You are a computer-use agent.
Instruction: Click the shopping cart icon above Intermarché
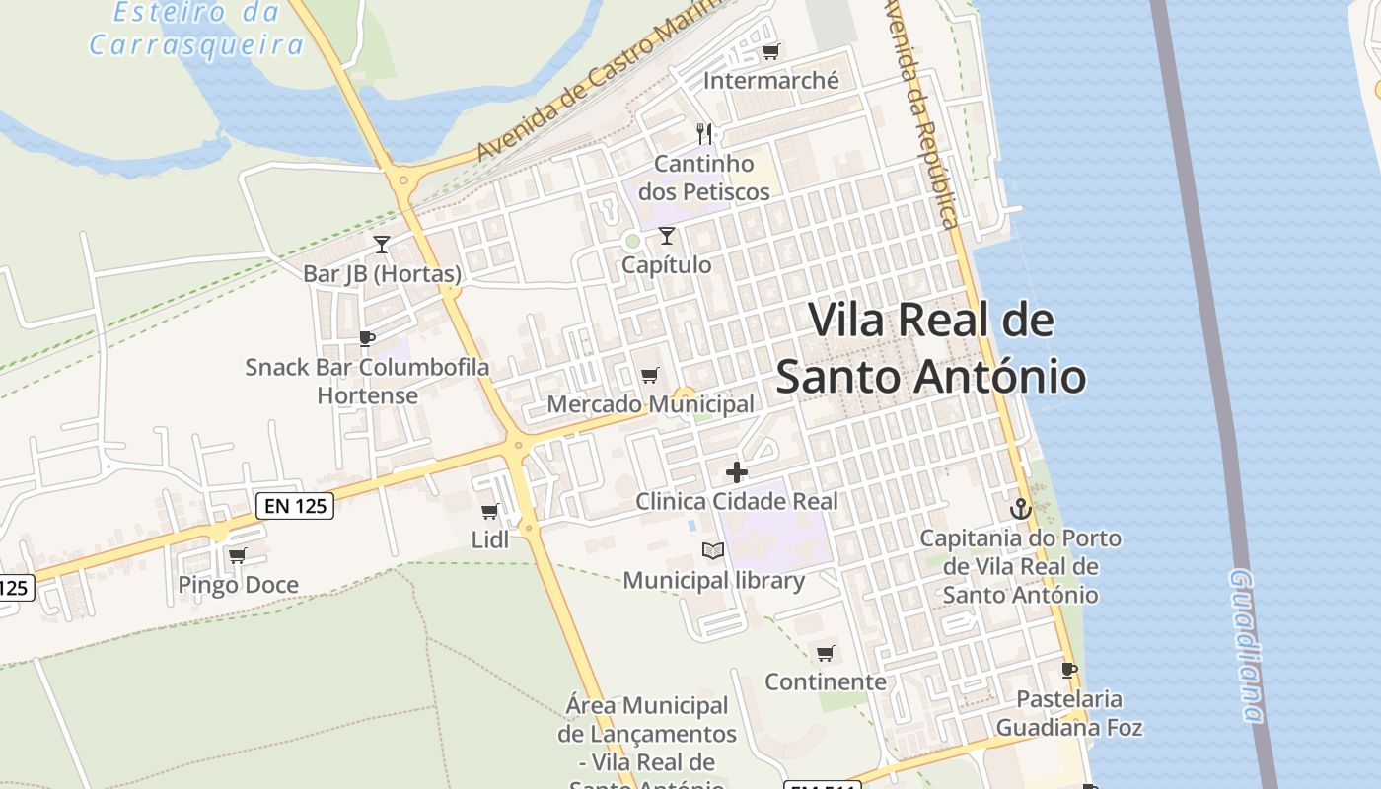click(x=770, y=51)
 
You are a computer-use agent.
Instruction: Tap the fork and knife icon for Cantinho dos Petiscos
click(x=704, y=133)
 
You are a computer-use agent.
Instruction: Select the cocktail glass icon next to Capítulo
click(x=667, y=235)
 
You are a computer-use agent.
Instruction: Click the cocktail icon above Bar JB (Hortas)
click(x=382, y=244)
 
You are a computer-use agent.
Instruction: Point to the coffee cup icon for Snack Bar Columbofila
click(x=367, y=339)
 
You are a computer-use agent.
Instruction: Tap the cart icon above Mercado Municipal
click(x=649, y=375)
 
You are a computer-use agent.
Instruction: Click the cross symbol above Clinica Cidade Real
click(x=736, y=472)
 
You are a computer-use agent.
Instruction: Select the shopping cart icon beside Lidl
click(x=489, y=511)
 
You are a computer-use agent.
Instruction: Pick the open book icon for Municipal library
click(x=712, y=550)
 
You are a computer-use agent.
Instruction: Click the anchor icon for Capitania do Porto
click(x=1021, y=509)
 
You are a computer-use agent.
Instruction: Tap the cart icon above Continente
click(x=826, y=653)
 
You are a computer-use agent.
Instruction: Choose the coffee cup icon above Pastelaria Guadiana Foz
click(x=1068, y=671)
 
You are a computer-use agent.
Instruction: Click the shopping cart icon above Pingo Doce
click(x=237, y=556)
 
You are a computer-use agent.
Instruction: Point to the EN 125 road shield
click(x=295, y=507)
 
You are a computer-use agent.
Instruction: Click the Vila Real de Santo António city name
click(x=930, y=348)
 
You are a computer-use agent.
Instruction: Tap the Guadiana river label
click(x=1247, y=646)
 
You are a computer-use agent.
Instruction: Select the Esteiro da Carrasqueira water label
click(x=195, y=29)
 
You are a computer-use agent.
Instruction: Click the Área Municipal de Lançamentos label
click(x=647, y=734)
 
